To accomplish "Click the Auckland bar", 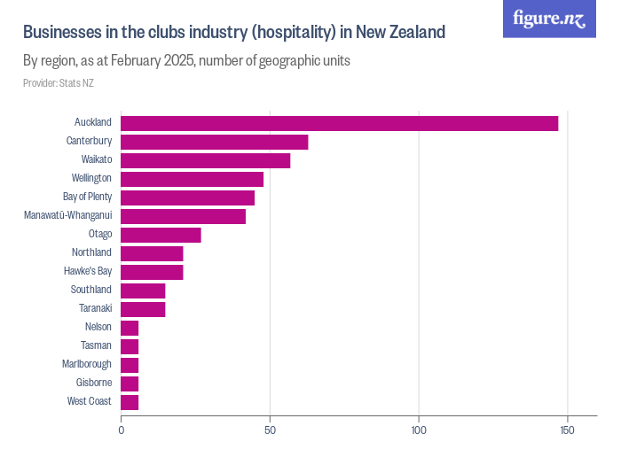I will (339, 123).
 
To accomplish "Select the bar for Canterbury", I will (214, 142).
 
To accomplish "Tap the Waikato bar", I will (205, 160).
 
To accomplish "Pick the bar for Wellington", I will (192, 179).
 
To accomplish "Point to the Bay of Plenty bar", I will (187, 198).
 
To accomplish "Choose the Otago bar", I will (161, 235).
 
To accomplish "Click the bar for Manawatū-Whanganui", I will (183, 216).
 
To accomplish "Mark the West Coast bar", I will (130, 402).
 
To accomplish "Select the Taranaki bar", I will (143, 309).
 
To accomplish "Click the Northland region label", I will (91, 253).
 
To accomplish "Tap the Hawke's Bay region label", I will (88, 272).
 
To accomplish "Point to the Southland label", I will (91, 291).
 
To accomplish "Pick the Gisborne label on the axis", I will (94, 384).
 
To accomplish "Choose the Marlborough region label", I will (87, 365).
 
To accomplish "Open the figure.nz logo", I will (549, 19).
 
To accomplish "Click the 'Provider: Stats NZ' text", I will (59, 83).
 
